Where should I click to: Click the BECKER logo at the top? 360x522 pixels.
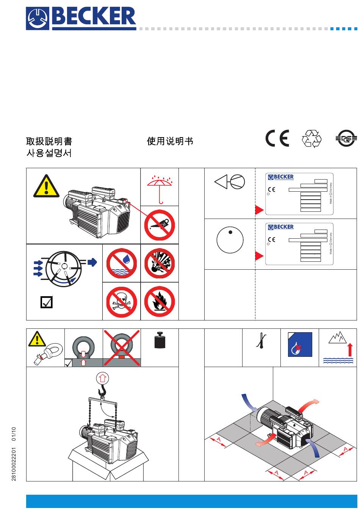(81, 18)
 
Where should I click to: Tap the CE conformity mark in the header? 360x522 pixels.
(277, 138)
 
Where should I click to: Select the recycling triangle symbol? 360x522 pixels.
(311, 139)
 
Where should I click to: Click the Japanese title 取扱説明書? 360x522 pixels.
(49, 141)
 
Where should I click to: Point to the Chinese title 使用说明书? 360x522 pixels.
(170, 141)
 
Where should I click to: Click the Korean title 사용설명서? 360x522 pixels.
(49, 153)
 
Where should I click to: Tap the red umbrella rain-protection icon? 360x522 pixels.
(160, 187)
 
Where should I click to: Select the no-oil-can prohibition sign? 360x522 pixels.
(160, 225)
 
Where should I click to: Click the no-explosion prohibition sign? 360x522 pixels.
(160, 263)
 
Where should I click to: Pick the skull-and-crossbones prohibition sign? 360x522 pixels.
(122, 302)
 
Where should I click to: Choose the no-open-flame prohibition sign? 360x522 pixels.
(160, 302)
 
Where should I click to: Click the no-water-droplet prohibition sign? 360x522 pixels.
(122, 263)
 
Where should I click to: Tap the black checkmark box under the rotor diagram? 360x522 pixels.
(47, 302)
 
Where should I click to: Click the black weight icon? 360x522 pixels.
(160, 340)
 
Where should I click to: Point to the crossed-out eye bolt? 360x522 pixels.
(122, 348)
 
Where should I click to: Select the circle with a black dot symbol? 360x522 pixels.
(230, 240)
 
